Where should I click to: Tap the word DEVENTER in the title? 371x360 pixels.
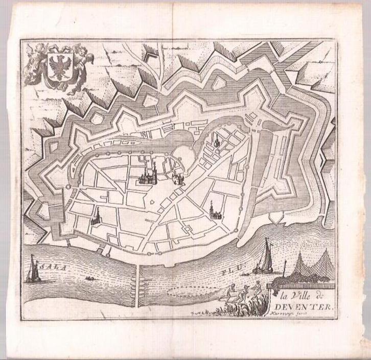tap(305, 307)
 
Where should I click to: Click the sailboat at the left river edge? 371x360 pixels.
tap(32, 270)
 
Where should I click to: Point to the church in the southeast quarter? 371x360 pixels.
tap(213, 210)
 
